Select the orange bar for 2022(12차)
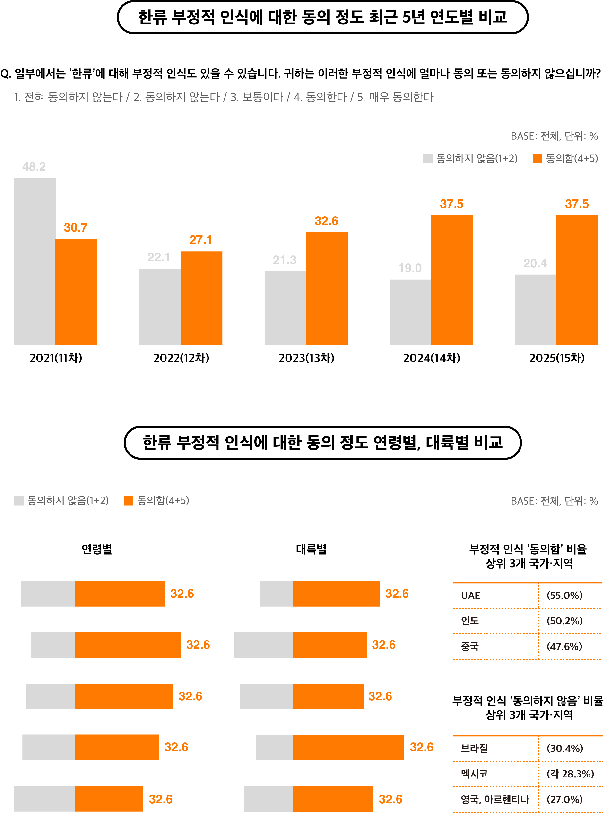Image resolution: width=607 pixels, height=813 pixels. [201, 298]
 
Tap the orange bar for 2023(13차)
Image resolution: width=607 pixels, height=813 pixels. [326, 289]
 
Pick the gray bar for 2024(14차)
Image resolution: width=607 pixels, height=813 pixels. [411, 312]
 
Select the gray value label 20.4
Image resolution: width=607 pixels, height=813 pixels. [535, 263]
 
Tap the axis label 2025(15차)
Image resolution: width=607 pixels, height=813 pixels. [557, 358]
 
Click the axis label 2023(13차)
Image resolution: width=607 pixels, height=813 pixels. [306, 358]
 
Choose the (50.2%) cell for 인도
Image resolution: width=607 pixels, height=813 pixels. [564, 621]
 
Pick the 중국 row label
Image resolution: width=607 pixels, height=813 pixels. [470, 646]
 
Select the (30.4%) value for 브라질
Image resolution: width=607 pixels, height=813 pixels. [565, 748]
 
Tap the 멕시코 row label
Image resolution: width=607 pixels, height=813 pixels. [474, 774]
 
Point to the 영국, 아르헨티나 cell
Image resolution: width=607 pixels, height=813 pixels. [495, 799]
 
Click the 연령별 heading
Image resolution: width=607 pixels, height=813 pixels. [96, 549]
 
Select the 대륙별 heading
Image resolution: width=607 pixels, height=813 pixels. [311, 549]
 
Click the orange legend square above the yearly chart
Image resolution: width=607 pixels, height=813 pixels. [537, 158]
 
